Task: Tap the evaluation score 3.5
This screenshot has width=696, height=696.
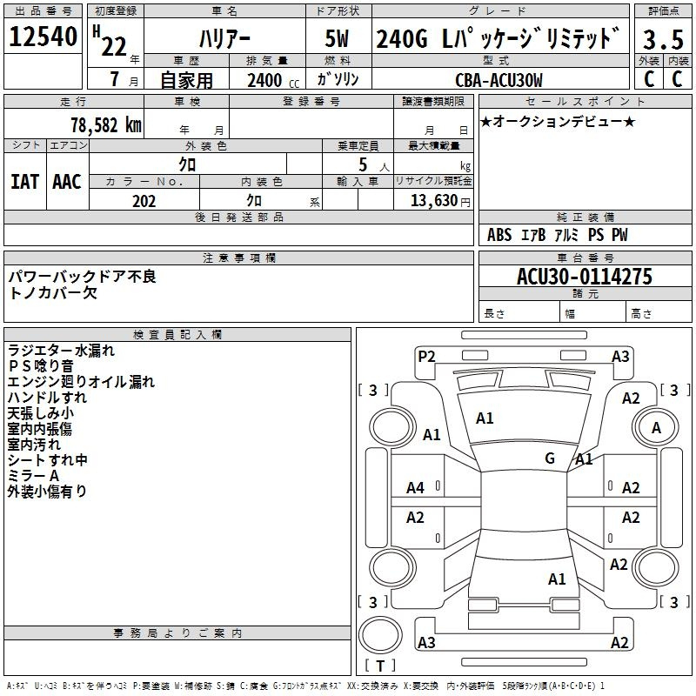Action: [664, 40]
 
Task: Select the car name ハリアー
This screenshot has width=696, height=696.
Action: [224, 39]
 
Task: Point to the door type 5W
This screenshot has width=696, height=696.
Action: [338, 40]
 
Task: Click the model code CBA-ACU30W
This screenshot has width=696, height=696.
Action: [499, 80]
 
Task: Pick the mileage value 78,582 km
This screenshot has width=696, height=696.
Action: [105, 124]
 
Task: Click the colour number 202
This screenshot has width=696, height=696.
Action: [144, 201]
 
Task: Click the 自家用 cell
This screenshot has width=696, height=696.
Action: [186, 81]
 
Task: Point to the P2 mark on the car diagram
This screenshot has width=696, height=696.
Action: [426, 356]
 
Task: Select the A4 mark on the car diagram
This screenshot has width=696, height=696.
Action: [415, 487]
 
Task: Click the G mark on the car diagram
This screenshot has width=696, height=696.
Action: [550, 458]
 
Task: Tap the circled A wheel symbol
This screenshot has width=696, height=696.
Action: [656, 428]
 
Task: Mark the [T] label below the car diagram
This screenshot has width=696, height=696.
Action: [380, 666]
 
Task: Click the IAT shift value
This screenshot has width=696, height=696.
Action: [25, 182]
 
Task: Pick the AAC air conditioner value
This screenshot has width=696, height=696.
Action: [67, 182]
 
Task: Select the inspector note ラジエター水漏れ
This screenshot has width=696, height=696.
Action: [61, 351]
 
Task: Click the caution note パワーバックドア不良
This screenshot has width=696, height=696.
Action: [82, 277]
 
